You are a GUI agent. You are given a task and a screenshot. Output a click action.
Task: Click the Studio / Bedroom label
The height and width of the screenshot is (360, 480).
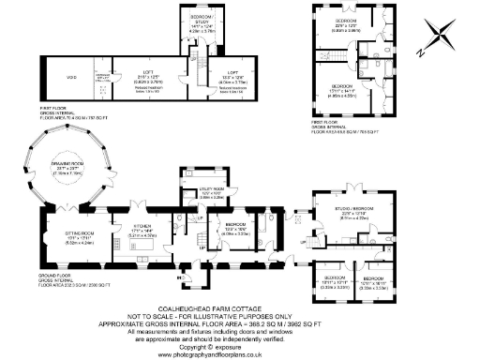(x=358, y=210)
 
